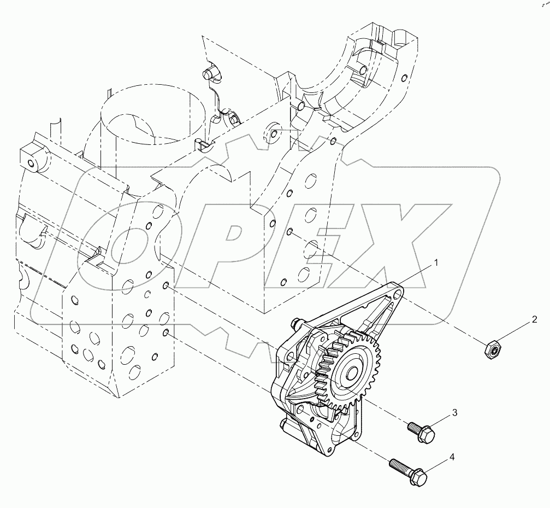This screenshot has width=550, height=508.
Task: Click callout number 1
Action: pyautogui.click(x=436, y=263)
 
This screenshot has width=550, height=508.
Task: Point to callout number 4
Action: pyautogui.click(x=452, y=456)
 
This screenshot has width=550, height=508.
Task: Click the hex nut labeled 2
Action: pyautogui.click(x=493, y=347)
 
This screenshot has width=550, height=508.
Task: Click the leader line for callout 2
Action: pyautogui.click(x=516, y=332)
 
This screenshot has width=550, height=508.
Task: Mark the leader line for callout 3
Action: pyautogui.click(x=440, y=421)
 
